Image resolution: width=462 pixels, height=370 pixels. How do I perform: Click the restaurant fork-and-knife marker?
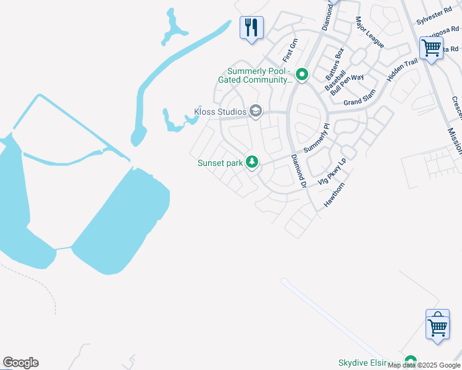point(251,28)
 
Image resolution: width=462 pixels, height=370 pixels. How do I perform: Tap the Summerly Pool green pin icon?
point(302,75)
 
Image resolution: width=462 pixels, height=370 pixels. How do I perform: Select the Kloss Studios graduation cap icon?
point(256,112)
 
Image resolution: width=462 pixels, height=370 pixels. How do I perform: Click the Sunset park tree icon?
point(251,162)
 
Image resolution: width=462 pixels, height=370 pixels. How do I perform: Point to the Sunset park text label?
point(219,163)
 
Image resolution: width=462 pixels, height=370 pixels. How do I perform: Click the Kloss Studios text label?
point(220,112)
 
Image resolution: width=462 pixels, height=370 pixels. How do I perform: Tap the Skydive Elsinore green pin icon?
point(410,361)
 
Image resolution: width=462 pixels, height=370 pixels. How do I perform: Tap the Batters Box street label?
point(335,64)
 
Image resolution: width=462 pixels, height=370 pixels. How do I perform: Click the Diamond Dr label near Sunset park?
point(299,171)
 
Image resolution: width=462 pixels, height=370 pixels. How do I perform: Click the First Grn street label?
point(290,50)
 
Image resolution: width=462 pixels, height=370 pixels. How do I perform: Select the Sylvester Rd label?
point(434,17)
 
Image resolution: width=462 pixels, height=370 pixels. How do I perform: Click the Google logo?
point(20,363)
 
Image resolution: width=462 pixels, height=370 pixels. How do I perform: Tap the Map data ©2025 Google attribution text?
point(424,365)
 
